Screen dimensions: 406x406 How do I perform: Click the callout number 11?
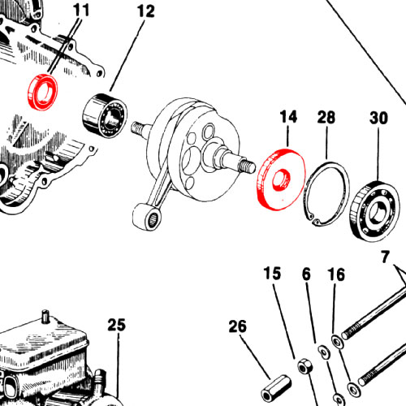pyautogui.click(x=81, y=11)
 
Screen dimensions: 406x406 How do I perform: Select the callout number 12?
pyautogui.click(x=146, y=11)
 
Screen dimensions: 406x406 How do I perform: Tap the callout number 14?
pyautogui.click(x=288, y=117)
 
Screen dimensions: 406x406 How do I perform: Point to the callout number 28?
pyautogui.click(x=326, y=118)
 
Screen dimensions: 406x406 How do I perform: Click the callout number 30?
pyautogui.click(x=378, y=118)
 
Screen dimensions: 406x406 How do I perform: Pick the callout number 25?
pyautogui.click(x=117, y=325)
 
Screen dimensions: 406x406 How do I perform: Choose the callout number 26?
pyautogui.click(x=238, y=326)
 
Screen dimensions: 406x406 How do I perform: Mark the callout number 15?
pyautogui.click(x=272, y=274)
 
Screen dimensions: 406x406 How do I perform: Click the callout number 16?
pyautogui.click(x=336, y=274)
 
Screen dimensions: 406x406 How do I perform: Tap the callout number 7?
pyautogui.click(x=386, y=257)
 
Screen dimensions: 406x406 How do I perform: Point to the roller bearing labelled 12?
pyautogui.click(x=105, y=114)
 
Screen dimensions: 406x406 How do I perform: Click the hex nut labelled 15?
pyautogui.click(x=305, y=366)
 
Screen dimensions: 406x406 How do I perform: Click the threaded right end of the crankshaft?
pyautogui.click(x=247, y=166)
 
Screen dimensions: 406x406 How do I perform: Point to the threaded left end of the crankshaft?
pyautogui.click(x=137, y=127)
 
